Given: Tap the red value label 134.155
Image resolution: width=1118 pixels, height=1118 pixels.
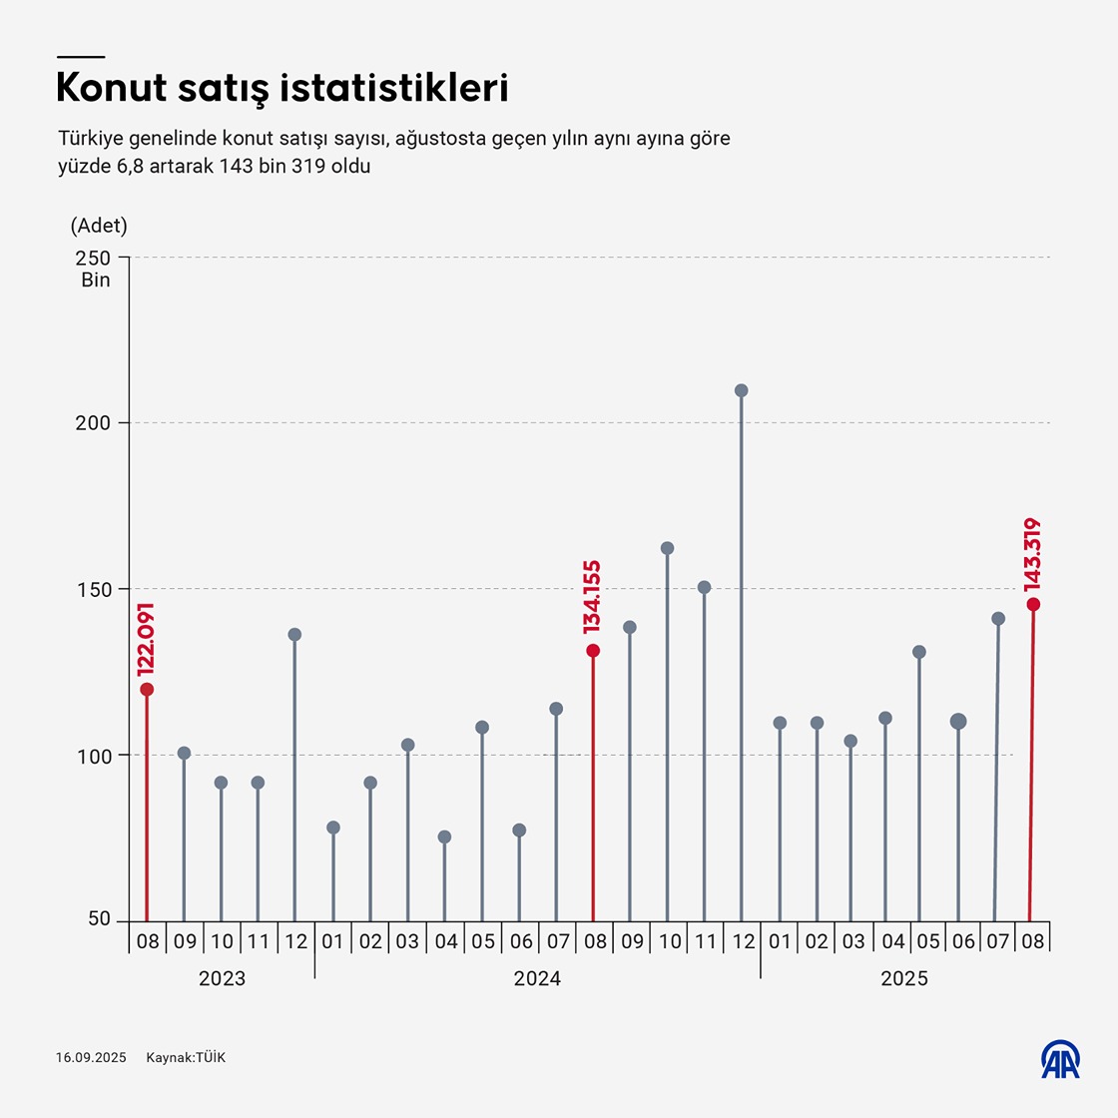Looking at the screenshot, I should tap(593, 597).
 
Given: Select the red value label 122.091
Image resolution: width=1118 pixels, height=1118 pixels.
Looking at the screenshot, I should tap(147, 640).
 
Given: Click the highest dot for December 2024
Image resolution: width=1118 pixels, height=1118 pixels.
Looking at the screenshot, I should tap(742, 390).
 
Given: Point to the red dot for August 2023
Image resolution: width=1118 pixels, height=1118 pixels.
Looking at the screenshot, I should tap(147, 689).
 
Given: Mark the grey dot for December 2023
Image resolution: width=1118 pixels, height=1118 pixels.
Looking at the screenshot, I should tap(294, 634).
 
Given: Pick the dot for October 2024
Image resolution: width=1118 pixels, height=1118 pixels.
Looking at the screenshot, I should tap(667, 548).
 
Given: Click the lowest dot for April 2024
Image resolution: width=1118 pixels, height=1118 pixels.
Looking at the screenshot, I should tap(444, 837).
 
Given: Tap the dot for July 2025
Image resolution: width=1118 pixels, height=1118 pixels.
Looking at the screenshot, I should tap(998, 619).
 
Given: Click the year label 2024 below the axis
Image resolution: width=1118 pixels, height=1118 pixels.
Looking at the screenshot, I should tap(537, 978).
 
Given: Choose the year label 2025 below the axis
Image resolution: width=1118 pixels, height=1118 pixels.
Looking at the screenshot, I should tap(904, 978).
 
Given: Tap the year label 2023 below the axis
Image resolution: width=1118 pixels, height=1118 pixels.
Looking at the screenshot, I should tap(222, 978).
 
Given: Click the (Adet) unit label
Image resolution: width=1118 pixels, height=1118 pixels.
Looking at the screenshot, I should tap(99, 226).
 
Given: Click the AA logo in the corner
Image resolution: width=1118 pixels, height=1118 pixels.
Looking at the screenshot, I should tap(1061, 1059).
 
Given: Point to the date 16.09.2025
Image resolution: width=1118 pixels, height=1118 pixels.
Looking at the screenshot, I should tap(91, 1057).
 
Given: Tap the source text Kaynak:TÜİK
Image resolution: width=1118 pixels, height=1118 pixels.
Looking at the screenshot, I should tap(186, 1057).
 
